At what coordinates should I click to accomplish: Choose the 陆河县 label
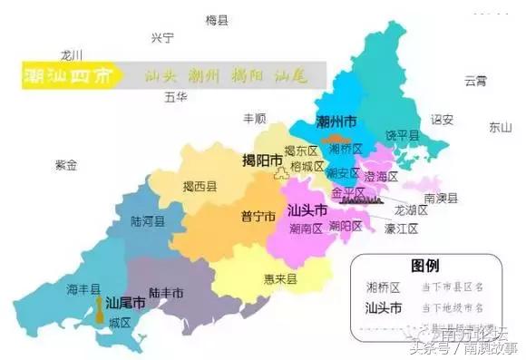tap(147, 220)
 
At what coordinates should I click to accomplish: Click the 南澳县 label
tap(440, 198)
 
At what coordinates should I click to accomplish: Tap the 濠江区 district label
tap(401, 229)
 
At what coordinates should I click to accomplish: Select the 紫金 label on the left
tap(66, 165)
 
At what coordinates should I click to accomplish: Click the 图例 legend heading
tap(425, 266)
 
